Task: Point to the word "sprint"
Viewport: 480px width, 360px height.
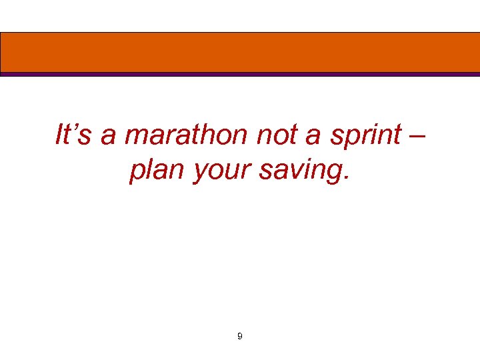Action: pos(367,137)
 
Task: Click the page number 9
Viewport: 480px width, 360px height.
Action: pos(240,337)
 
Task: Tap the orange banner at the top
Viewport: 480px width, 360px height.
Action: pos(240,52)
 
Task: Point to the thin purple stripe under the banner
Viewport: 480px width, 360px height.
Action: pos(240,75)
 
